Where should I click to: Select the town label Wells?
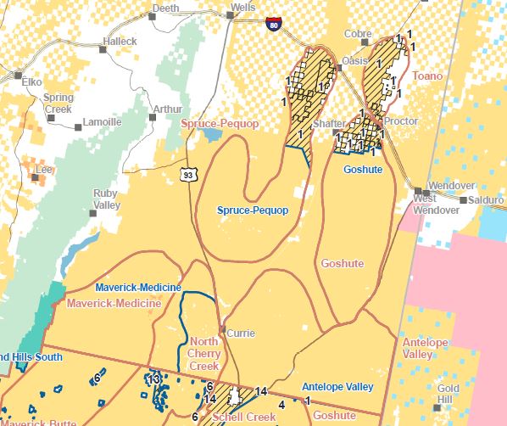click(x=244, y=8)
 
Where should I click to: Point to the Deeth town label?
click(x=164, y=8)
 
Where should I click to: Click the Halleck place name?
click(x=120, y=41)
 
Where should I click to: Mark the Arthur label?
click(x=167, y=109)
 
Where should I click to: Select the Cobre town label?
click(x=357, y=34)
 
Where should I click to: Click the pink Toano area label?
click(x=427, y=76)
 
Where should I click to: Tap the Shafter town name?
click(x=329, y=124)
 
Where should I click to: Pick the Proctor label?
click(x=401, y=121)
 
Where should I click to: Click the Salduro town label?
click(x=487, y=199)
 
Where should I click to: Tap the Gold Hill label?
click(x=448, y=394)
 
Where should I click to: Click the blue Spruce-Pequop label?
click(x=253, y=210)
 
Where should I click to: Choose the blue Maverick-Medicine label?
click(x=138, y=288)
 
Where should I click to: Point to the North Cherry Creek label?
click(x=204, y=354)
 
